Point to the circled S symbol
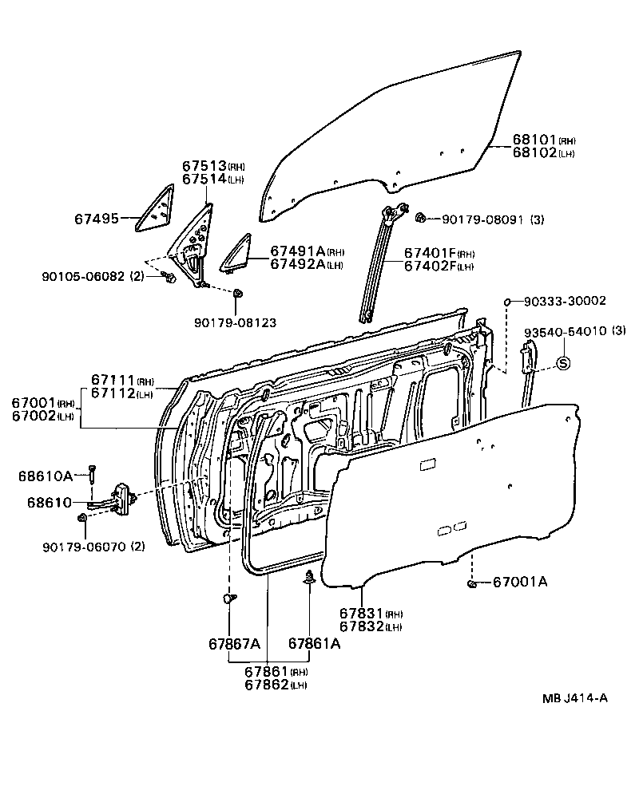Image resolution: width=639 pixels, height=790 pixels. (562, 363)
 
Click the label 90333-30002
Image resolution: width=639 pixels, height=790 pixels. (565, 301)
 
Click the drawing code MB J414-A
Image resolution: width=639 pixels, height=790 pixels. (575, 698)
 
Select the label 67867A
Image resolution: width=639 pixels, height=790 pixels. (234, 643)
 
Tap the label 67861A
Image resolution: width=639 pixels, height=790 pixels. (314, 643)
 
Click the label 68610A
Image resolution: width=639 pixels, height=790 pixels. (45, 476)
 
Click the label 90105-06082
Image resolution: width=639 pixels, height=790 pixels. (83, 277)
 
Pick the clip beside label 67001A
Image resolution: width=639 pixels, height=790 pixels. (472, 586)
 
